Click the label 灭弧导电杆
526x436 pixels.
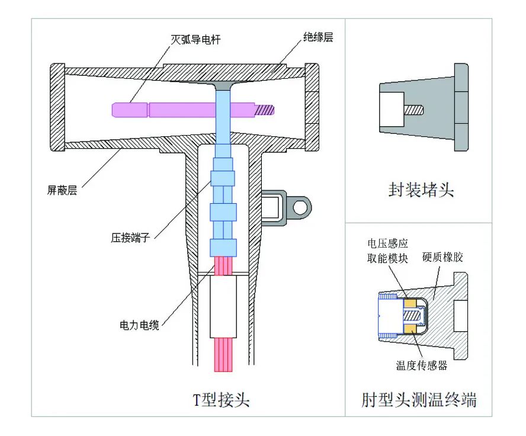[x=197, y=40]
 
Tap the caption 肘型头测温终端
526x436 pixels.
[x=419, y=400]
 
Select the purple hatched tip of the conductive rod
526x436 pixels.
[x=264, y=109]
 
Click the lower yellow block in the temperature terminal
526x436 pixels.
[x=410, y=327]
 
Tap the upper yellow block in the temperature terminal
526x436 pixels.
[x=410, y=303]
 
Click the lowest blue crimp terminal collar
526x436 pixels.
[x=223, y=247]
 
